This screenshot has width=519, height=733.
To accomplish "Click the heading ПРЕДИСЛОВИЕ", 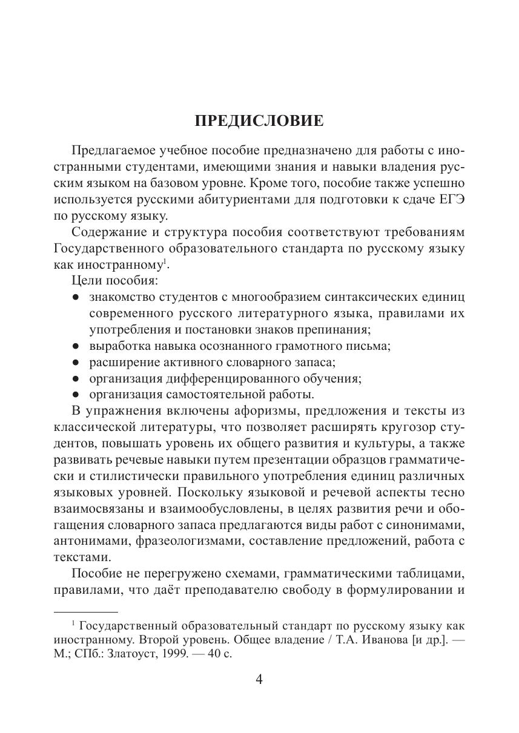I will coord(259,120).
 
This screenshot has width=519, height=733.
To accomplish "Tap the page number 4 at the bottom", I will coord(259,679).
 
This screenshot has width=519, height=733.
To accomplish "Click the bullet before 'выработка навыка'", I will coord(74,347).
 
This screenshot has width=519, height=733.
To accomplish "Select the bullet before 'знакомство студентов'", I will coord(74,297).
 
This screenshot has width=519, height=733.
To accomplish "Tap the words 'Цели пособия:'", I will coord(106,281).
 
